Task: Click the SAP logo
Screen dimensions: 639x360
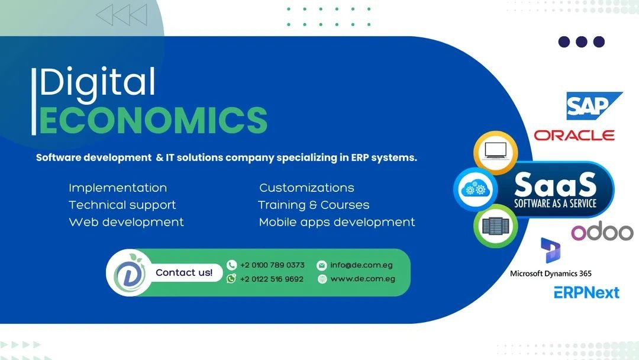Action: tap(594, 106)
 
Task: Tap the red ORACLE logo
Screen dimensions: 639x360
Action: tap(574, 136)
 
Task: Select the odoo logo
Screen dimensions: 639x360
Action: tap(602, 232)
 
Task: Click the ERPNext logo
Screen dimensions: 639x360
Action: tap(586, 292)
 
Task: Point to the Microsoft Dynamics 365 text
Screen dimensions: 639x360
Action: tap(551, 274)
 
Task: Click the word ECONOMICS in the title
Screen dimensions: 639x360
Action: tap(153, 120)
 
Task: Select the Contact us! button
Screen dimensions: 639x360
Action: tap(184, 272)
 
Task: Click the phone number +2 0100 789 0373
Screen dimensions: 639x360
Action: tap(272, 265)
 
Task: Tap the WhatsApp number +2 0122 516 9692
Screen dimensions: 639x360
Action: tap(272, 279)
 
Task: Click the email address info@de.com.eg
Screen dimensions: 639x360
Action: tap(362, 265)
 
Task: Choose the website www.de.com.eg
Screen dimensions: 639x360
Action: tap(363, 279)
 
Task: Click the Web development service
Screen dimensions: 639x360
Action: tap(127, 222)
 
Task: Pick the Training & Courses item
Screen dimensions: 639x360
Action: tap(314, 205)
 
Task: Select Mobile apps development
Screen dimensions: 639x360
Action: tap(337, 222)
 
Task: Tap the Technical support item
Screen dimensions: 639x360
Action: tap(122, 205)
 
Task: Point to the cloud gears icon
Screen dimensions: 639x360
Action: tap(475, 189)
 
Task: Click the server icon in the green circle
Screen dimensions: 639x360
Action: tap(496, 226)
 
